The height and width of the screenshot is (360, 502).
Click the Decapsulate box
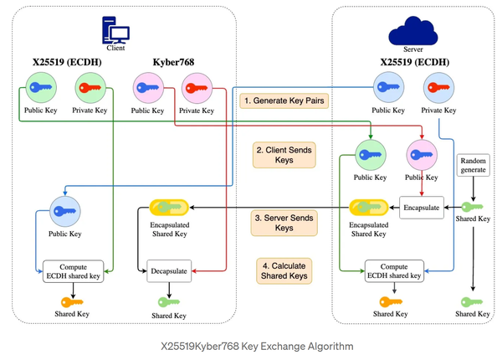[171, 270]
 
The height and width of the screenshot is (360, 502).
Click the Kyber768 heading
[174, 62]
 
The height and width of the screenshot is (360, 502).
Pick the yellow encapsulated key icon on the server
[368, 207]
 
